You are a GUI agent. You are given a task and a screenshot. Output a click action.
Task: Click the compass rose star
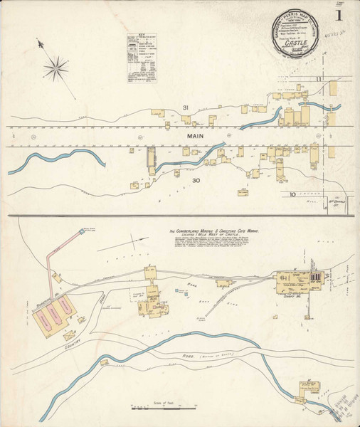(54, 68)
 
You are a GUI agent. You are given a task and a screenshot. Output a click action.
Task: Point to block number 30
(197, 181)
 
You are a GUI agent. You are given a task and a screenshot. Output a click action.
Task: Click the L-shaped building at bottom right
(308, 389)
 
